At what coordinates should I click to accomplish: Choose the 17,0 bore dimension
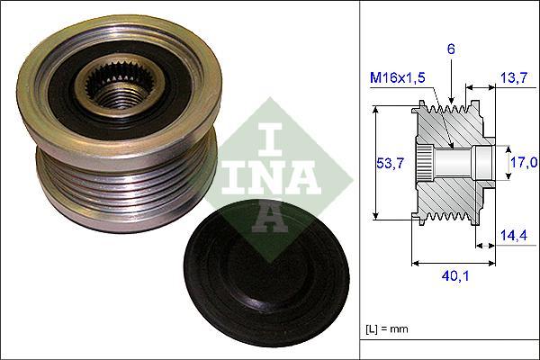click(525, 162)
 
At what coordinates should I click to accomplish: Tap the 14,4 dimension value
click(513, 235)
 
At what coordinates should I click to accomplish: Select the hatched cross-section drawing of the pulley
click(450, 162)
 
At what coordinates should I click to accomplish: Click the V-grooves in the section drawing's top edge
click(450, 112)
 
